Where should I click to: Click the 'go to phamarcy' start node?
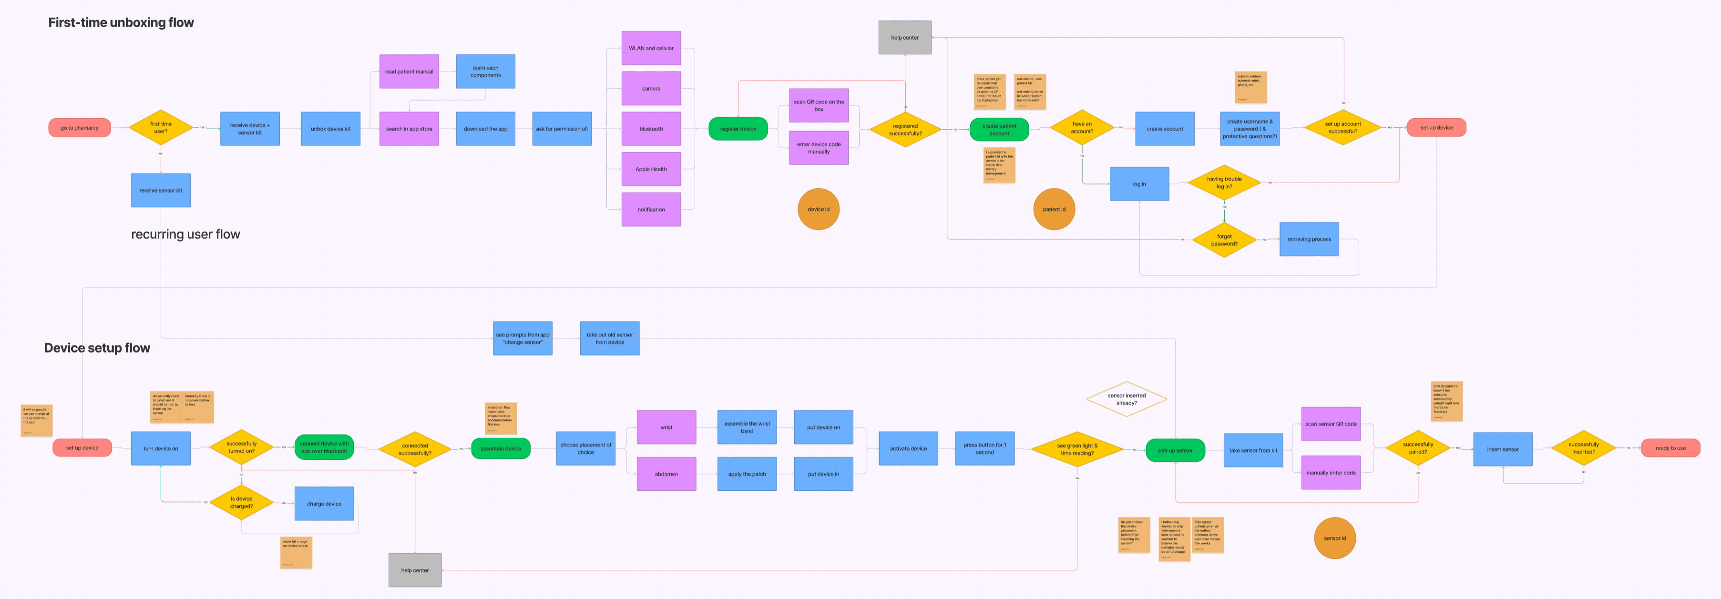(x=80, y=128)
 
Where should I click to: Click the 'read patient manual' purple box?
(x=409, y=72)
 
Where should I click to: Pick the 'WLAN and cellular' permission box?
(x=651, y=48)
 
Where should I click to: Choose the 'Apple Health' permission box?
(x=651, y=169)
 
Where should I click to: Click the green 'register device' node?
(x=738, y=129)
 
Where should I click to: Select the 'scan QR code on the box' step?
(x=819, y=105)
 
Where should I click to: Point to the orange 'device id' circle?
(x=819, y=209)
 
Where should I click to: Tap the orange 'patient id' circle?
(x=1054, y=209)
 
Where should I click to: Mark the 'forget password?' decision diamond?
(x=1224, y=240)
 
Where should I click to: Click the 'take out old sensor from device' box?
(x=609, y=338)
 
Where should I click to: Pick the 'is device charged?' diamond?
(x=241, y=503)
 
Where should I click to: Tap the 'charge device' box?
(x=324, y=504)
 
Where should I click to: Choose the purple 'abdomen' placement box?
(x=666, y=474)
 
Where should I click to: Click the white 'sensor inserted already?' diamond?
(x=1127, y=399)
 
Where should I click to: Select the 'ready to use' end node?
(x=1670, y=448)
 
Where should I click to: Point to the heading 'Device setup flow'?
(x=97, y=348)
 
